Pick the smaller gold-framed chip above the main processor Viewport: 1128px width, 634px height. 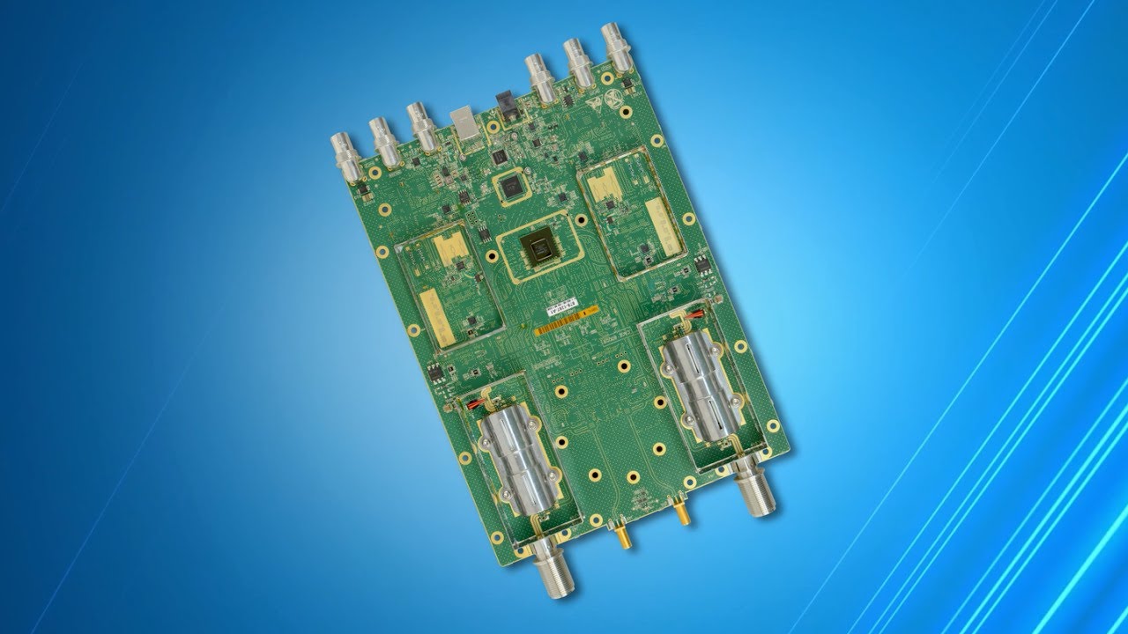[508, 187]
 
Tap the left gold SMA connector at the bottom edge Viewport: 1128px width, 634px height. [622, 534]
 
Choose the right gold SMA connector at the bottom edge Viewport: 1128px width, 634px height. [682, 513]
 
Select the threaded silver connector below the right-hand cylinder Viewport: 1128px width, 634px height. [754, 489]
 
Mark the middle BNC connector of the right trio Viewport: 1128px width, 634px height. [579, 62]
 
